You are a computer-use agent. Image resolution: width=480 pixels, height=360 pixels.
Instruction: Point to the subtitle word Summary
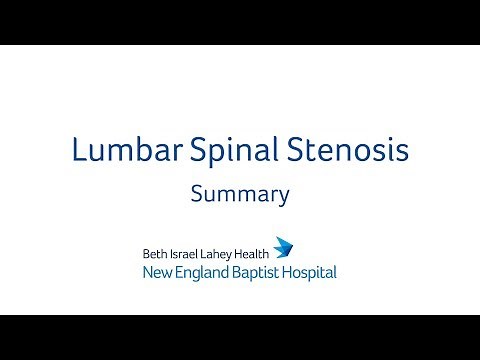(240, 194)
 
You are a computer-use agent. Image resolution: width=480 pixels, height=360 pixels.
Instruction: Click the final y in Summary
(283, 197)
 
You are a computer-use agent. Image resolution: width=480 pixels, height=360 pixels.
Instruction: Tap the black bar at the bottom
(240, 337)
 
